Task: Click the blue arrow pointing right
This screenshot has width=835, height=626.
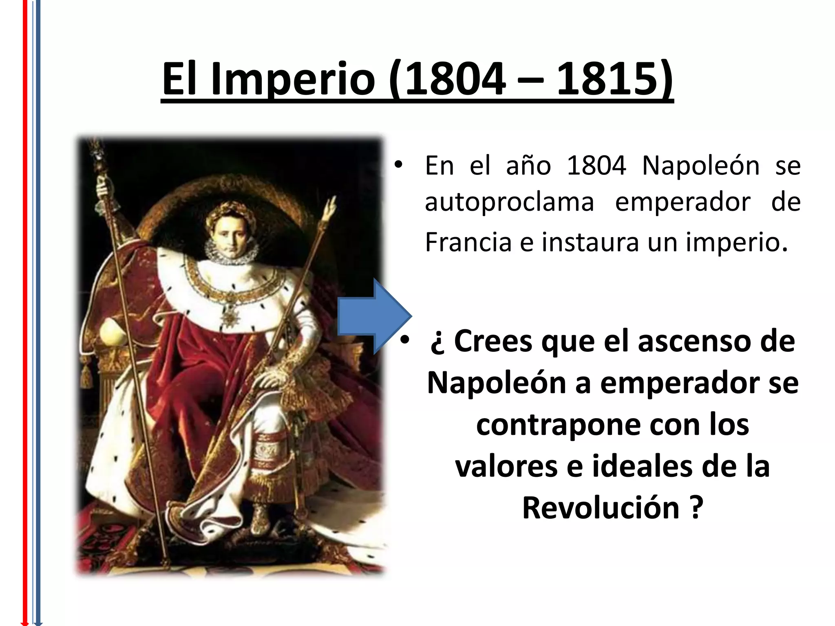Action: click(375, 316)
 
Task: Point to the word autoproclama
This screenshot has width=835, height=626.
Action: click(509, 203)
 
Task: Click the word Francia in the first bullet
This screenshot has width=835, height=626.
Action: click(468, 242)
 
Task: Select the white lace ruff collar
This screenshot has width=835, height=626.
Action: click(230, 251)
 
